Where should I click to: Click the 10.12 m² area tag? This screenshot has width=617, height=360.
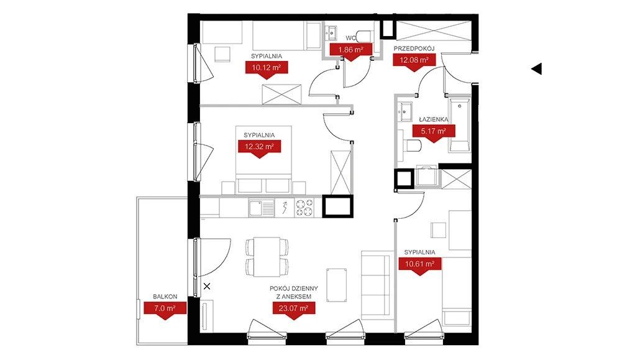267,68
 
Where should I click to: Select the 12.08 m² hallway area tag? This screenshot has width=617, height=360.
414,60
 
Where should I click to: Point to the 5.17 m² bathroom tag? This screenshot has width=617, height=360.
434,131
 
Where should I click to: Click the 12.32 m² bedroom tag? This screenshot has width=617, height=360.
259,147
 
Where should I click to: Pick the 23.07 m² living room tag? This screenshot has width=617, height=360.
293,308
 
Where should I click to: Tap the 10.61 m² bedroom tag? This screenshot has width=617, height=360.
420,264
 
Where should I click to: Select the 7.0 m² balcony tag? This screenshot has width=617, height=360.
165,308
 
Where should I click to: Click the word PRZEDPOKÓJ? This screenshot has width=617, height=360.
414,48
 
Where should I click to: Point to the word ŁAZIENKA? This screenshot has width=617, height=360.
433,119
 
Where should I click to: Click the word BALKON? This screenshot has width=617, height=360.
165,297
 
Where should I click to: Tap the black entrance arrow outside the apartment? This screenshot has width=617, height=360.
537,69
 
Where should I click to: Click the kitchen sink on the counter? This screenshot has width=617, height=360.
262,208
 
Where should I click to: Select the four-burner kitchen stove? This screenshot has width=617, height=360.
305,208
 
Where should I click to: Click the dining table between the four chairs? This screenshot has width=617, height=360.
267,257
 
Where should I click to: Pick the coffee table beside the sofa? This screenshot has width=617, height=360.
336,285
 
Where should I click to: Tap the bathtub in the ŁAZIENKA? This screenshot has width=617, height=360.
460,125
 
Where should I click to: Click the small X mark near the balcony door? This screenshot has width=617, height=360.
207,287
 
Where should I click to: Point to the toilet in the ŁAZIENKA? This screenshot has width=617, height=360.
411,145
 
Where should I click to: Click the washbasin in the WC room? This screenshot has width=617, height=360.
331,32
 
